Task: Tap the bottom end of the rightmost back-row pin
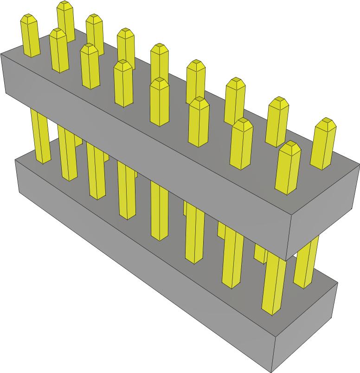(303, 283)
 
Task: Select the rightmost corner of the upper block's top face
(359, 163)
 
